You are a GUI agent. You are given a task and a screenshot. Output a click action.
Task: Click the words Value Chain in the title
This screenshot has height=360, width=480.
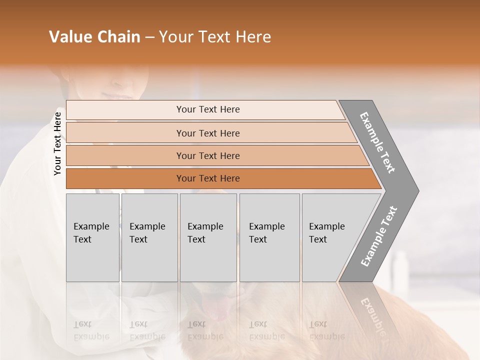[94, 37]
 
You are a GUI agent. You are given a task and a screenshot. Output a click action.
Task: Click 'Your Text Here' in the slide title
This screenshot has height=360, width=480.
[215, 37]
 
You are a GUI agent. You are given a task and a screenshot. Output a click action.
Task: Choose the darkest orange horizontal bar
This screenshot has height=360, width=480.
[125, 178]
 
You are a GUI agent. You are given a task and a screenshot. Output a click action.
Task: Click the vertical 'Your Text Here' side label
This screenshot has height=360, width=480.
[57, 143]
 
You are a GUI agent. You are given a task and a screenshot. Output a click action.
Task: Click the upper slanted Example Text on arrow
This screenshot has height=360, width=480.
[377, 142]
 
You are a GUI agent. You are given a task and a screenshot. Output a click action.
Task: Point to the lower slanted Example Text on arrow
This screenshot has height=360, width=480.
[378, 236]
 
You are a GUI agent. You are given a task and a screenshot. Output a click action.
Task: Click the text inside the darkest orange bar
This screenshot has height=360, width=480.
[208, 178]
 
